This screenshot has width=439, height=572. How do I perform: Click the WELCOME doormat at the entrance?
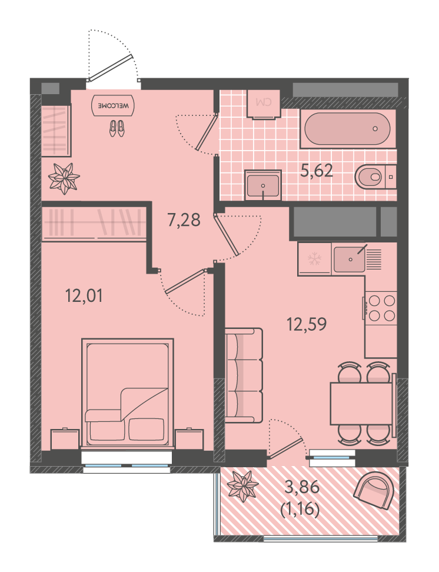113,105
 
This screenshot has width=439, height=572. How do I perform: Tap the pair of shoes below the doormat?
117,129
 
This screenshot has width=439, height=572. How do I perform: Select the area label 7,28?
184,220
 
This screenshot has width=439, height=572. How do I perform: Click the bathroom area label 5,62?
317,170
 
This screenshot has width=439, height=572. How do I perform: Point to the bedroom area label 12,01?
84,295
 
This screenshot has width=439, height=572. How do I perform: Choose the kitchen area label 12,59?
307,324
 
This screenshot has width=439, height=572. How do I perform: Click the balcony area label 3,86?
302,487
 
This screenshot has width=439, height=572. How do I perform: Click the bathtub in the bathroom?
347,129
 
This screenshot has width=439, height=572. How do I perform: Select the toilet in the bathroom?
375,177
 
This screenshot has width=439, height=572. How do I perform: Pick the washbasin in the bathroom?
263,185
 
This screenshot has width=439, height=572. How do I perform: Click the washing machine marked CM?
264,105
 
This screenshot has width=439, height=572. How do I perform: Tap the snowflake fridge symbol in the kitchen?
315,260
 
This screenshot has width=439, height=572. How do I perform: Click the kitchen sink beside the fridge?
350,260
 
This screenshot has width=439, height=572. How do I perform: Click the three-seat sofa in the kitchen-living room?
244,375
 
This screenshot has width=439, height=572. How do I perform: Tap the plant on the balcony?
242,486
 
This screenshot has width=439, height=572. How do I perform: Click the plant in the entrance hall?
64,179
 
